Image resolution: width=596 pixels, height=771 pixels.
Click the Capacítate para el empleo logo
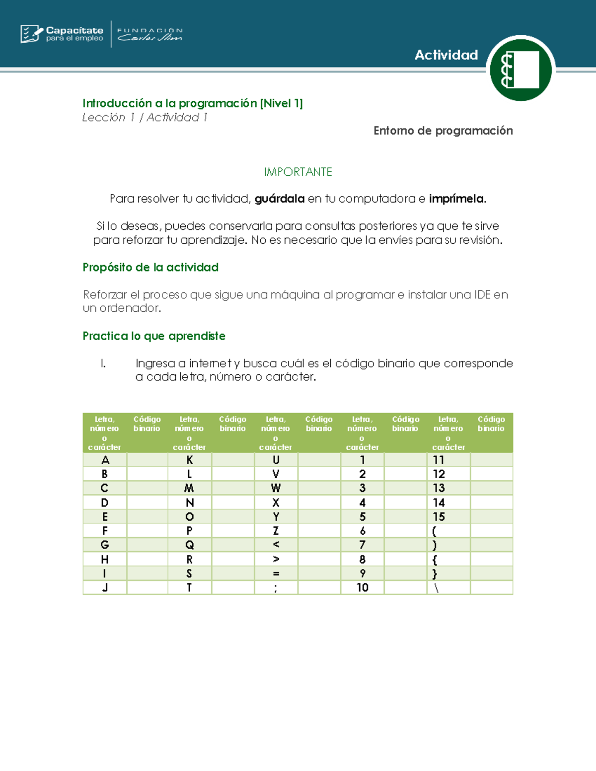62,34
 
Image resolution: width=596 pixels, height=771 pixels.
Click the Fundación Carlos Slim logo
149,34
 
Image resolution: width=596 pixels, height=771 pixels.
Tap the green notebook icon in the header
521,69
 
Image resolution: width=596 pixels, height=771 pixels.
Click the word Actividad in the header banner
446,55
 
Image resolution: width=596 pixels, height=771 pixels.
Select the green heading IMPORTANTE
298,172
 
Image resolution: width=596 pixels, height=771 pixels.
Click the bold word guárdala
280,199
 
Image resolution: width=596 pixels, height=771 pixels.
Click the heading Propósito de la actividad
150,268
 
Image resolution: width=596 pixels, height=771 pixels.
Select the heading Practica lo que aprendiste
154,336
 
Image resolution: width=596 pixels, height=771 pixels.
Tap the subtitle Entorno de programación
443,131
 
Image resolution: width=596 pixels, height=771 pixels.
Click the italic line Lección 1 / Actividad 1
145,118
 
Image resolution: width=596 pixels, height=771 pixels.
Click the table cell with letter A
105,460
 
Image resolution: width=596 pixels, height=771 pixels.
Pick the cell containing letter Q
190,545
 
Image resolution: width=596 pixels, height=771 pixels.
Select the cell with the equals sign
276,573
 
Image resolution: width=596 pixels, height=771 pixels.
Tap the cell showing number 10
362,588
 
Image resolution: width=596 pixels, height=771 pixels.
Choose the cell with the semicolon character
276,588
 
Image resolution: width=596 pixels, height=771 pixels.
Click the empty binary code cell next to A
147,460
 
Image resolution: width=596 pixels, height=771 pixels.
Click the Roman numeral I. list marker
103,363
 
